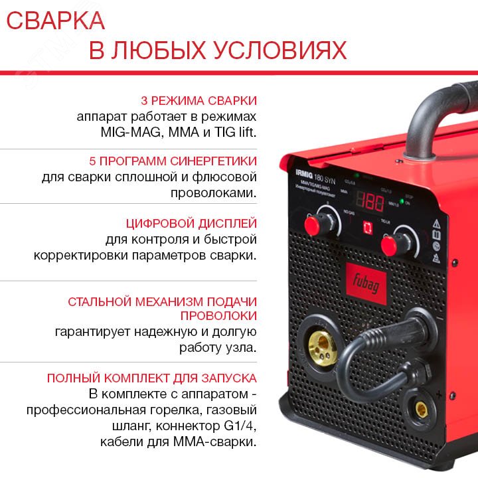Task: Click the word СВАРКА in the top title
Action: [56, 21]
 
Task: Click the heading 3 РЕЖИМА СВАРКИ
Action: [199, 101]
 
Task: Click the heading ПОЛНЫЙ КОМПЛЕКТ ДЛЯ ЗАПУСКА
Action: [151, 378]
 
